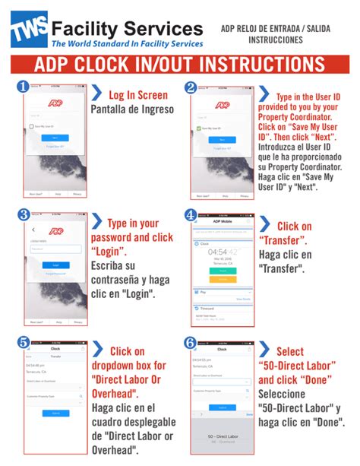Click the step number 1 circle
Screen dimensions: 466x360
24,87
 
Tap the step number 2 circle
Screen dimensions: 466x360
191,87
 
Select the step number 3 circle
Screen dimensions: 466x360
24,215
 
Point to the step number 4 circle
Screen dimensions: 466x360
191,215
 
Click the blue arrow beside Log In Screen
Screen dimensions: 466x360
97,94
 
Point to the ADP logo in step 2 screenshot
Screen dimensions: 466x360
222,106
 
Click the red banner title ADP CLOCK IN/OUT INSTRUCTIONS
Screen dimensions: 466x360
179,62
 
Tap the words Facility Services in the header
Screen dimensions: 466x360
127,28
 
